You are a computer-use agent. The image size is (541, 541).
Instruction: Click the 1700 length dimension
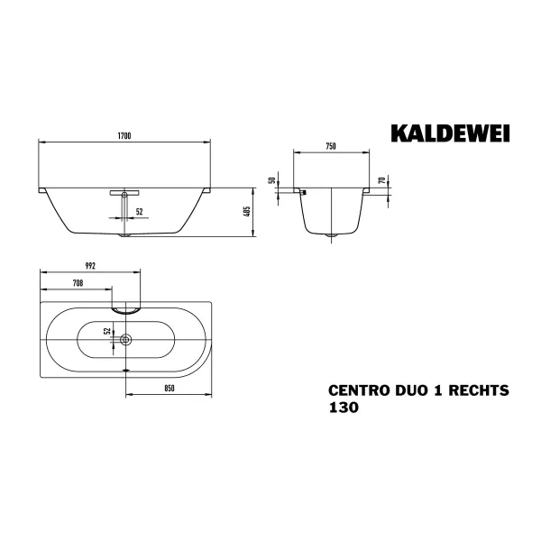point(125,135)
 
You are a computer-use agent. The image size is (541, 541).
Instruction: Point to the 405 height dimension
point(246,214)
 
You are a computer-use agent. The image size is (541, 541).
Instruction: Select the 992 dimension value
point(88,267)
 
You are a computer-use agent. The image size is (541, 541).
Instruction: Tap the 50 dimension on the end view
point(271,180)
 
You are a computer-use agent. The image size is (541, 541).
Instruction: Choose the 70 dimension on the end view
point(382,180)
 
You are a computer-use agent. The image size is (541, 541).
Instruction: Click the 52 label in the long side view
point(139,212)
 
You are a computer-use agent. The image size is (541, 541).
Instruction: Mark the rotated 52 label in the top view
point(106,333)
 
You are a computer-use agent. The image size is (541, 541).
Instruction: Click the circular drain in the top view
point(126,340)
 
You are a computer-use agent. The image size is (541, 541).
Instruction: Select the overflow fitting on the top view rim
point(126,307)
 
